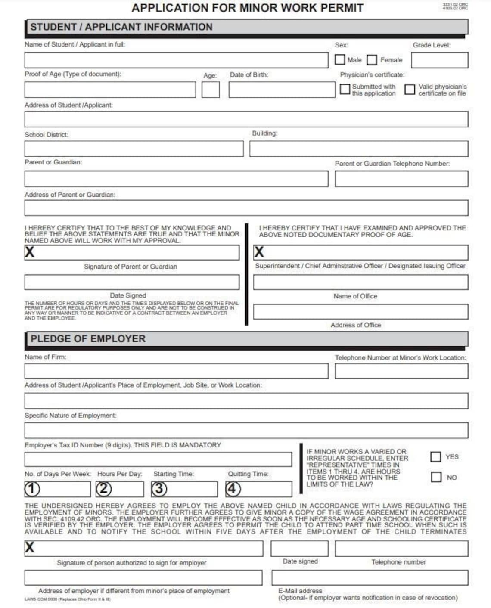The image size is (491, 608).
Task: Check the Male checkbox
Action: pos(340,59)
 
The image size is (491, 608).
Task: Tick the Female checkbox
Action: pos(372,59)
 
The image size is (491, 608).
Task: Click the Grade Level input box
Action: pos(439,60)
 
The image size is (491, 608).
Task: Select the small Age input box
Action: pos(211,90)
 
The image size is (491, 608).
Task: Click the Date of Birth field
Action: pos(282,90)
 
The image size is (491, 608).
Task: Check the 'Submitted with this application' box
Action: pos(345,89)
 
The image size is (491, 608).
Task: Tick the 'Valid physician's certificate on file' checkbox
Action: pos(410,89)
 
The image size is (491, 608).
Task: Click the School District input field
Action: pos(134,149)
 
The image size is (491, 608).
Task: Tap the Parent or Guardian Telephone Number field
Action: pos(401,179)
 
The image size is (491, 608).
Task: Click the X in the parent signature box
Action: pos(29,252)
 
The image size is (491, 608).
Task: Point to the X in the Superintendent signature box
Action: pos(259,252)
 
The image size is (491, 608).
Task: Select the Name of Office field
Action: pos(360,282)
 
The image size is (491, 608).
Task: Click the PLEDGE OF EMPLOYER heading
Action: pos(88,339)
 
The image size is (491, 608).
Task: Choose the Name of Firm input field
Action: pos(176,371)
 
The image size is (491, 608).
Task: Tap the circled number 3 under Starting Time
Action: pos(159,489)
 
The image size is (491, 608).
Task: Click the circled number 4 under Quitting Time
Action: pos(233,489)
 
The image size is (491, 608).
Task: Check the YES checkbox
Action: pos(436,456)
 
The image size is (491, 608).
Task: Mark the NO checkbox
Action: pos(436,477)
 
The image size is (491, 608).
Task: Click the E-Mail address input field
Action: pos(370,578)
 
